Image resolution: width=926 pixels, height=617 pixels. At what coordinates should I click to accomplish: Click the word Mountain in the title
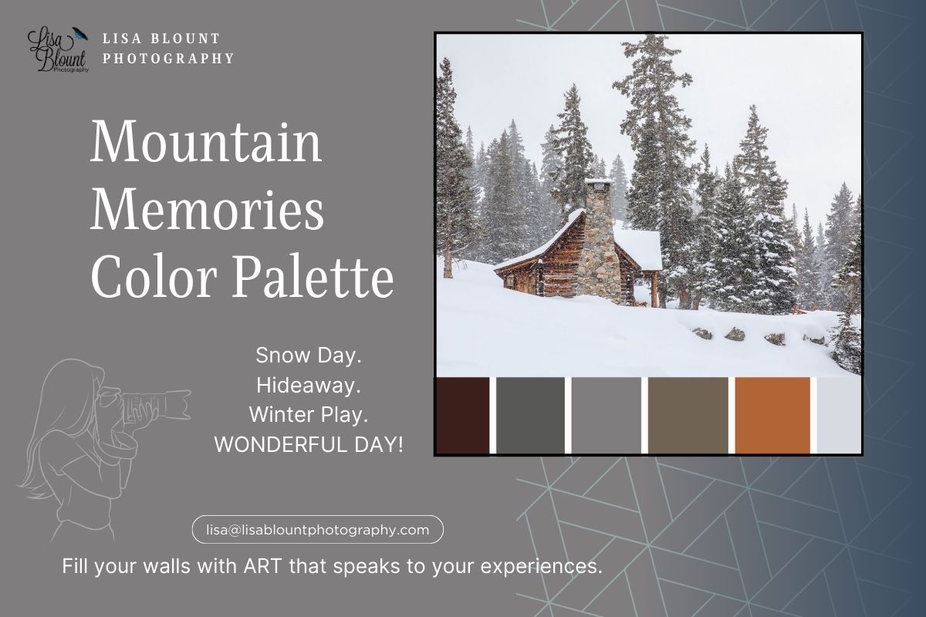pyautogui.click(x=206, y=141)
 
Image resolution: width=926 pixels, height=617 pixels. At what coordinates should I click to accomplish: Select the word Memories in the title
pyautogui.click(x=207, y=209)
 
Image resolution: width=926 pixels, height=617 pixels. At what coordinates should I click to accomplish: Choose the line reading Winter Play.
pyautogui.click(x=308, y=414)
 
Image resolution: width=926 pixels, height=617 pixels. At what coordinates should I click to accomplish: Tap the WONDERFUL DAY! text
pyautogui.click(x=309, y=444)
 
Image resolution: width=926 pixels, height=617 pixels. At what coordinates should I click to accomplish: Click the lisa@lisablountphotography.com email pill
pyautogui.click(x=317, y=530)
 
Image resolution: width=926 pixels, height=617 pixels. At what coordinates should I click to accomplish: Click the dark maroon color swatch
pyautogui.click(x=463, y=415)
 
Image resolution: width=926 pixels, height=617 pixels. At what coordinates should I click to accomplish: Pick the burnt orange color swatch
pyautogui.click(x=772, y=415)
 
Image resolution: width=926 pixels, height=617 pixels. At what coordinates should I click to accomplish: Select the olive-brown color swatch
pyautogui.click(x=688, y=415)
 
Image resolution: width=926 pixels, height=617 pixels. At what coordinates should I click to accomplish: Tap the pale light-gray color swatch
pyautogui.click(x=839, y=415)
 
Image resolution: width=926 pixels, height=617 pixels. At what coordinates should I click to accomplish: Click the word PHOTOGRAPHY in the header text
pyautogui.click(x=168, y=58)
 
